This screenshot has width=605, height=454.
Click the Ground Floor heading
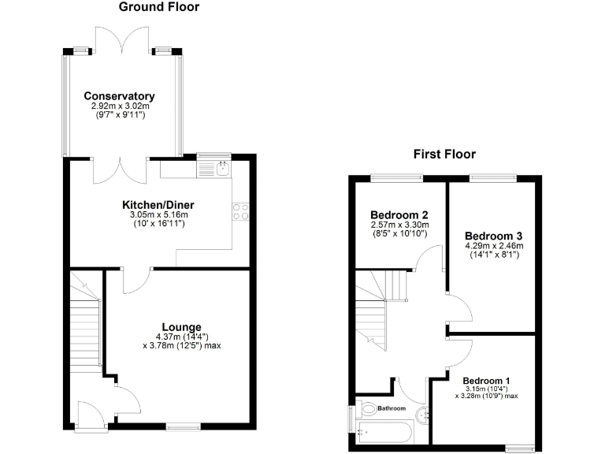pos(158,7)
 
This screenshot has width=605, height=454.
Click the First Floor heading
pos(444,154)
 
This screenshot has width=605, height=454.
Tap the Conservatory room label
pos(120,97)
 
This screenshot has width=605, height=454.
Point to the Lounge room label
pos(181,327)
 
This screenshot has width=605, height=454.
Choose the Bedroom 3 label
pos(494,236)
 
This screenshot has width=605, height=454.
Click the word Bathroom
pos(391,408)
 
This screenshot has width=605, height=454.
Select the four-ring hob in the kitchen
pos(241,211)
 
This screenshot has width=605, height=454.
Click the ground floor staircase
pos(86,323)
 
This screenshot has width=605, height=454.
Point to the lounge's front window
pos(183,428)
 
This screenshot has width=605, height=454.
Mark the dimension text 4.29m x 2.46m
pos(494,246)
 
